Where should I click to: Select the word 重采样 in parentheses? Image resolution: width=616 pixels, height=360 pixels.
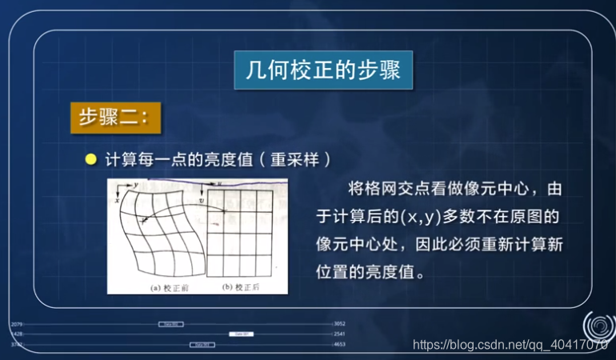(x=294, y=160)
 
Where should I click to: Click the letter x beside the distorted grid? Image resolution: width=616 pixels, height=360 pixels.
(x=118, y=201)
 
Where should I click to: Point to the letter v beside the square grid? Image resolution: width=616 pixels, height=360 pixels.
(x=202, y=200)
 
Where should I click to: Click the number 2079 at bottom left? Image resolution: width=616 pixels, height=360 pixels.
(x=17, y=324)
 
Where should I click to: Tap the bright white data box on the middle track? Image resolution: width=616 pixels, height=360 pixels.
(x=241, y=334)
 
